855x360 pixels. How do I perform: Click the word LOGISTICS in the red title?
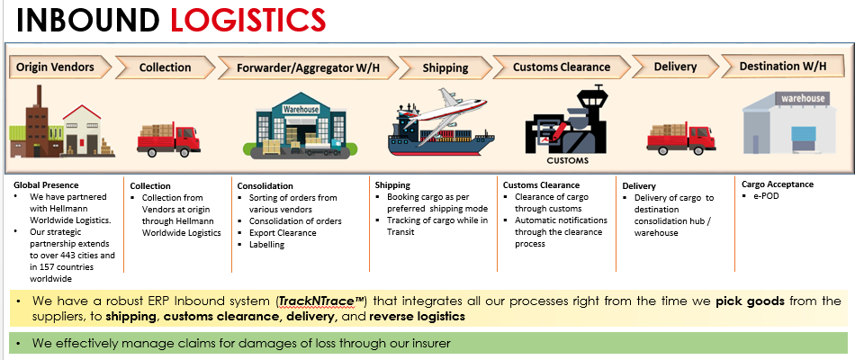tap(248, 21)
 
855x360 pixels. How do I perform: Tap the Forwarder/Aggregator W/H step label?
tap(308, 67)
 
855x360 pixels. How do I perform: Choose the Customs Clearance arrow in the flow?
tap(562, 67)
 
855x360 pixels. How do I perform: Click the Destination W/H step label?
tap(782, 66)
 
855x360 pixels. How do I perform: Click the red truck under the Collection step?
tap(168, 139)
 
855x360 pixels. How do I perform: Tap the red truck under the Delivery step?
tap(681, 138)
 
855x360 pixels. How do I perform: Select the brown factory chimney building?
tap(36, 121)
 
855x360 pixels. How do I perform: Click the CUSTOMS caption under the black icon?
tap(568, 160)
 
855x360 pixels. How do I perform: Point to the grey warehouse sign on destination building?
tap(803, 99)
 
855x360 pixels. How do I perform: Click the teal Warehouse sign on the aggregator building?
tap(301, 109)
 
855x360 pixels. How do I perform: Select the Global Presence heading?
tap(46, 184)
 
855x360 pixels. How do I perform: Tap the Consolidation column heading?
tap(265, 186)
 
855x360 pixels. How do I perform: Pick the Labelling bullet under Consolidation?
tap(266, 245)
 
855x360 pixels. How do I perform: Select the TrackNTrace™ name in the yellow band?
tap(322, 301)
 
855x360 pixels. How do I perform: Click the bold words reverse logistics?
tap(417, 317)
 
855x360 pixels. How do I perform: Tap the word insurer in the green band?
tap(431, 344)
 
